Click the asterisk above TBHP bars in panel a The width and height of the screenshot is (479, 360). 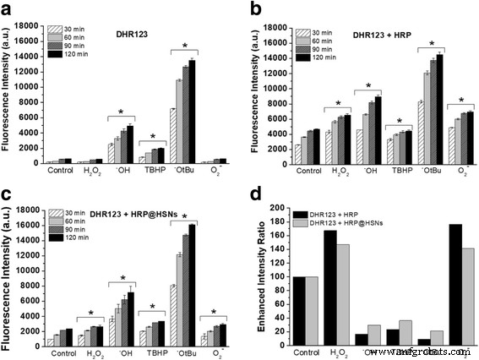click(x=152, y=135)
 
